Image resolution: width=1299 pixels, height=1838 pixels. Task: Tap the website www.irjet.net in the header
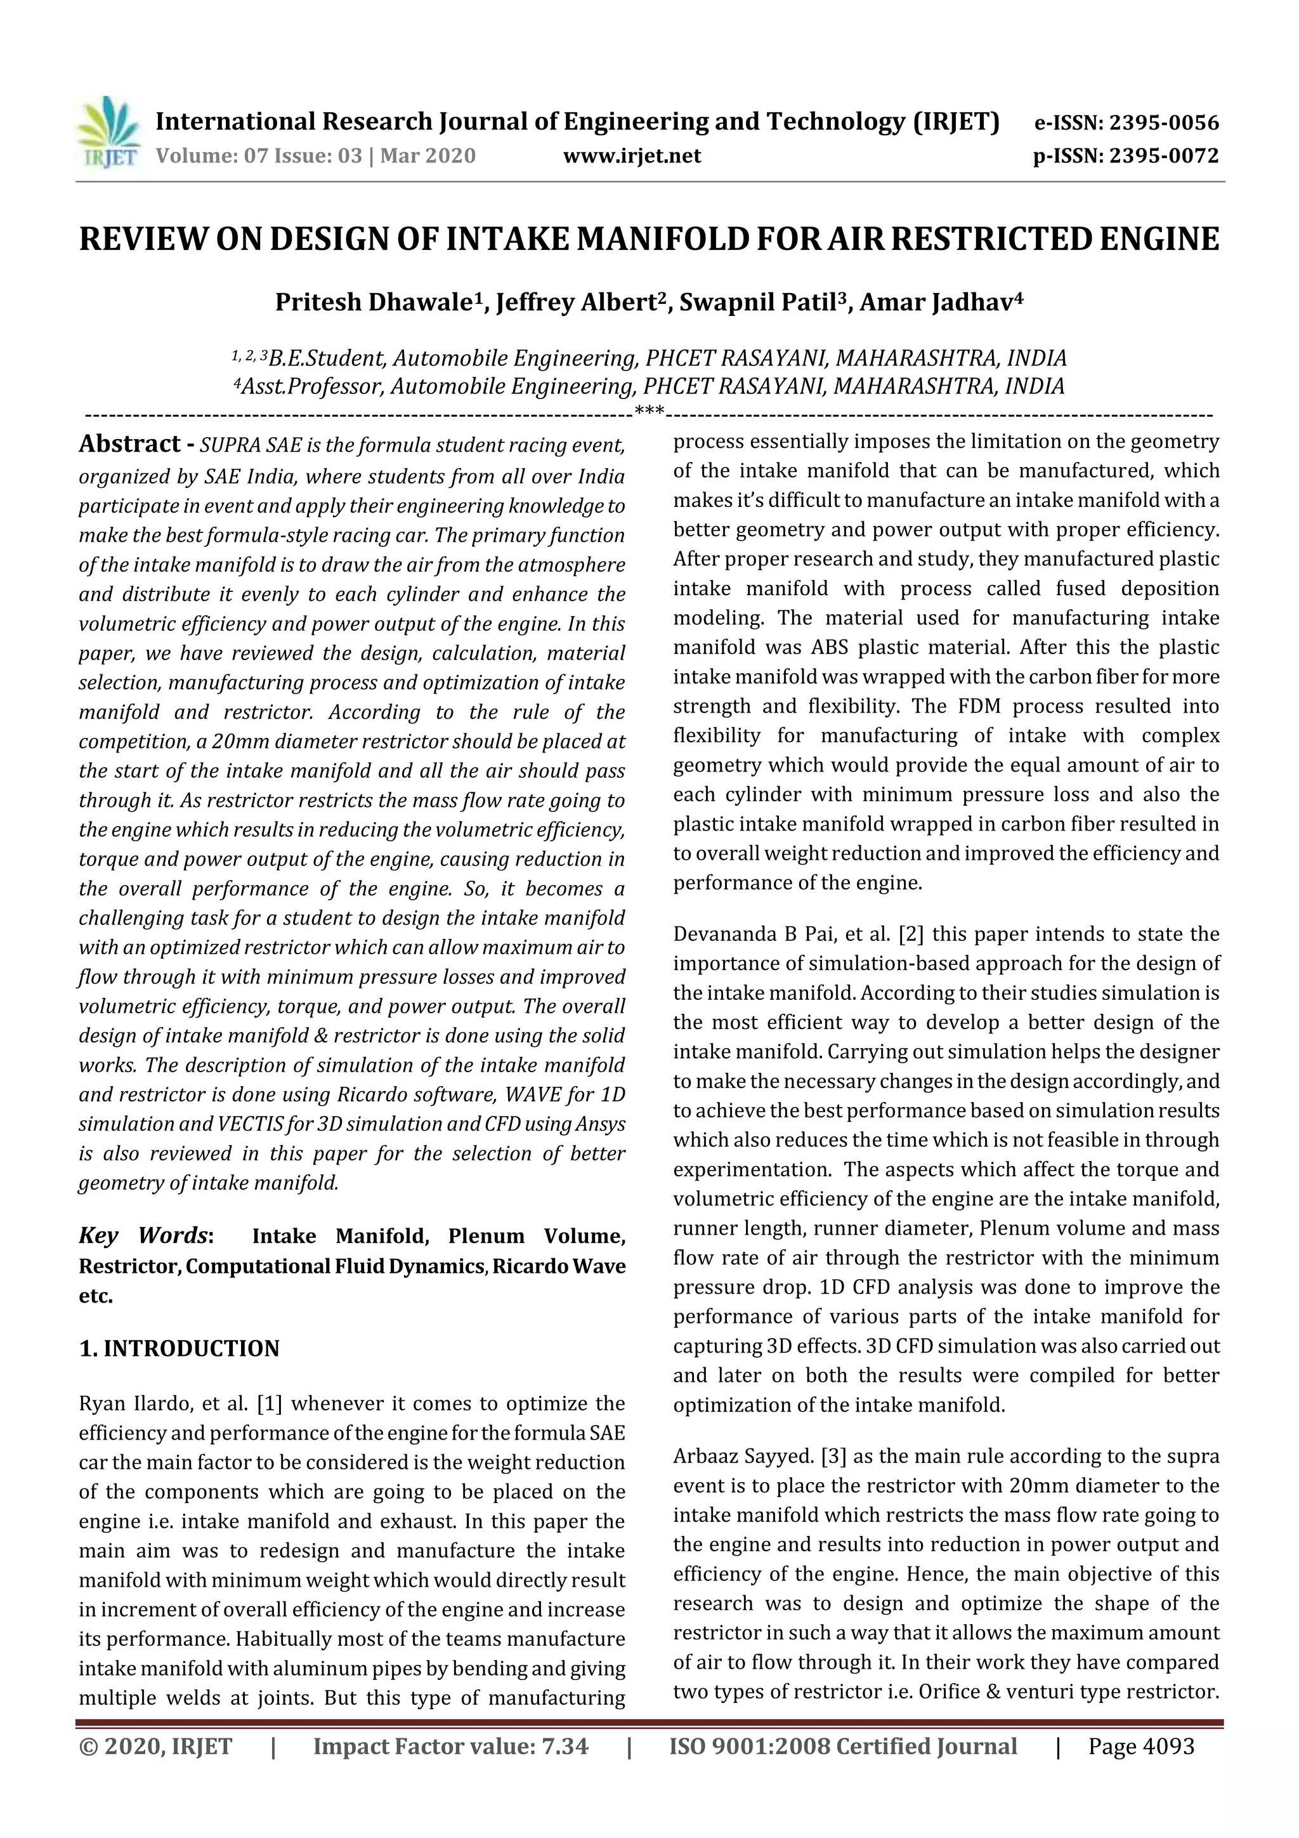[x=632, y=155]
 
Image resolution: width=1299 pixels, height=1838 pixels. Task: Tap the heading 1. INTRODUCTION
[x=180, y=1349]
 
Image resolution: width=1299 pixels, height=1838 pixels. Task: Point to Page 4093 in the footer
[x=1140, y=1746]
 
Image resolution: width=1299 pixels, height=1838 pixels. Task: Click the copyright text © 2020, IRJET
[x=155, y=1746]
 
